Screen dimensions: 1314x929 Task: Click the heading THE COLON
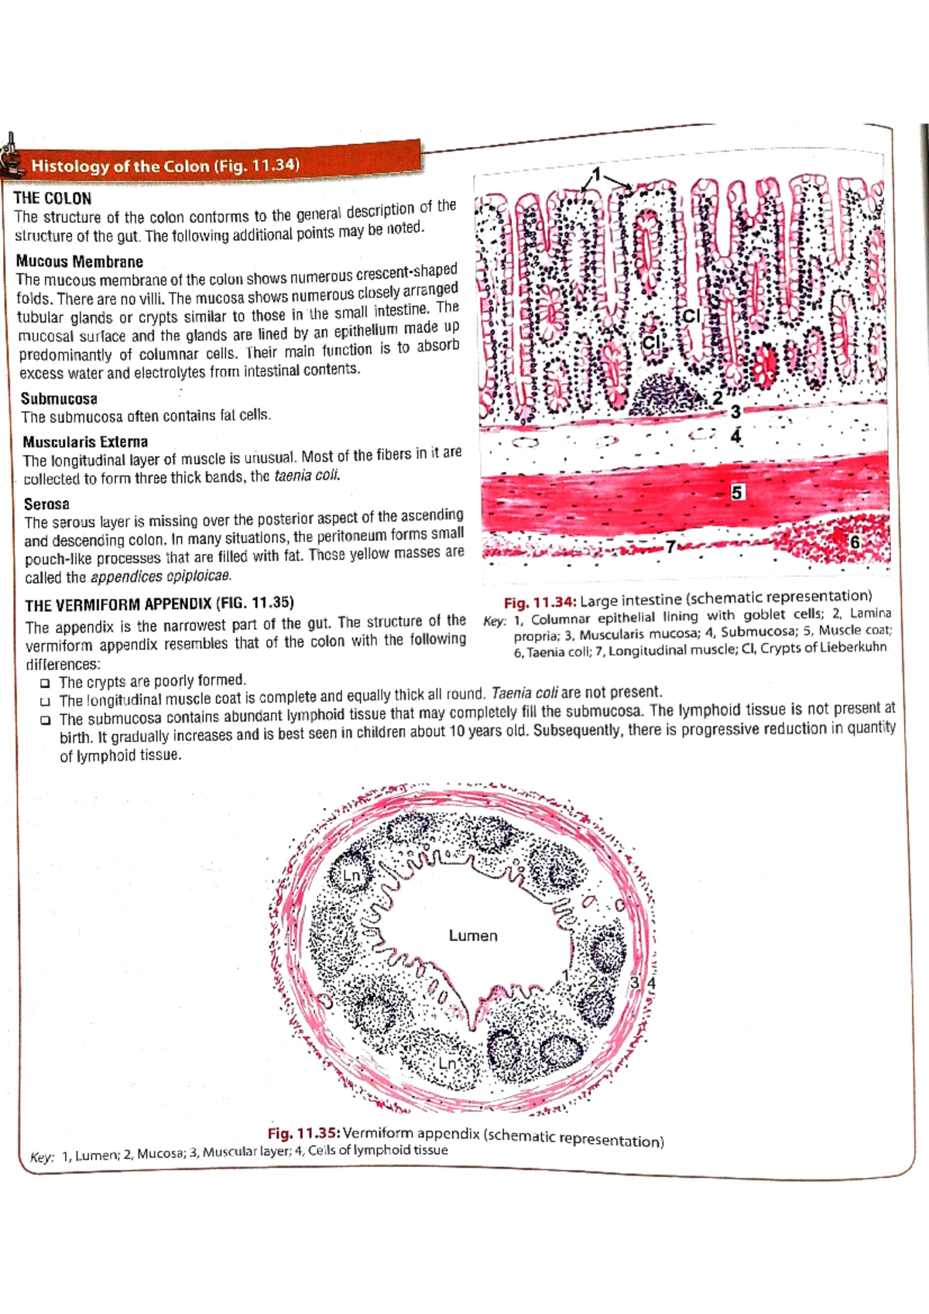point(53,198)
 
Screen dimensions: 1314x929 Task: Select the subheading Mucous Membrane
point(79,262)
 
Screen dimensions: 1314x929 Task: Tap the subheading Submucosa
point(59,399)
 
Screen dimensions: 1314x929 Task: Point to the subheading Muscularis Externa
point(85,442)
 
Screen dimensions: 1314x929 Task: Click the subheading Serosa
point(46,504)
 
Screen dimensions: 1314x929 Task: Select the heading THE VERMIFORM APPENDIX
point(159,604)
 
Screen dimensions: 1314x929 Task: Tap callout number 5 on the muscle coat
point(737,492)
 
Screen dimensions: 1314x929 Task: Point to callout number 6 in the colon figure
point(855,542)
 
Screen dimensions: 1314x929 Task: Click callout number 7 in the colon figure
point(670,546)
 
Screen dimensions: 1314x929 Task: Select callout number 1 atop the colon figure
point(596,173)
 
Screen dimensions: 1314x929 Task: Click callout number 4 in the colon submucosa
point(735,436)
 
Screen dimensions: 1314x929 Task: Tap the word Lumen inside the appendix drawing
point(473,936)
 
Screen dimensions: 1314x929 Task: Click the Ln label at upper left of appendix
point(352,875)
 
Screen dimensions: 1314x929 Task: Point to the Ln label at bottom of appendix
point(447,1063)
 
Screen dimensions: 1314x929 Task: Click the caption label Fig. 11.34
point(540,601)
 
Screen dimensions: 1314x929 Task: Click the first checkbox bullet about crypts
point(46,683)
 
